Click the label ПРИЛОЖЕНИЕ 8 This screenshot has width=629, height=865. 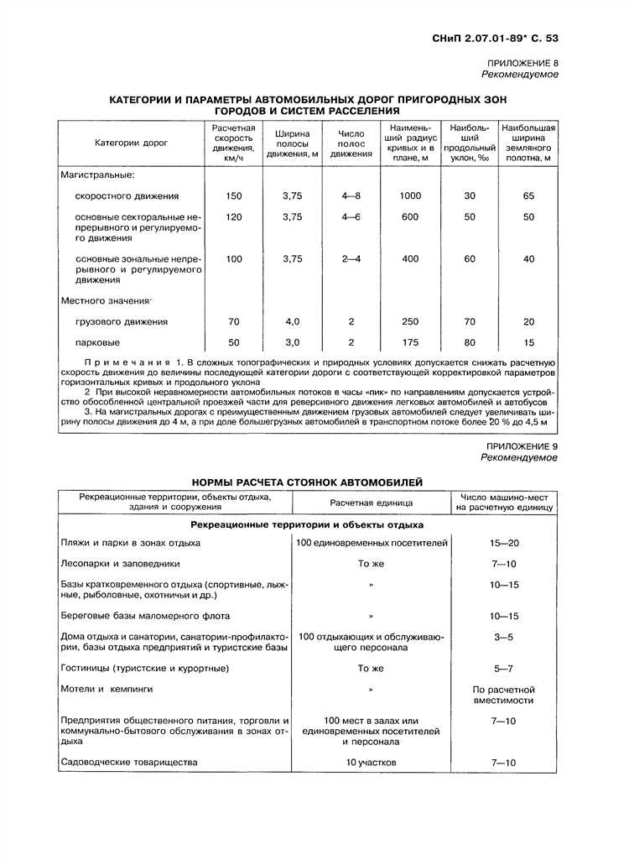tap(522, 64)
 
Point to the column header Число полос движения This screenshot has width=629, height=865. tap(351, 143)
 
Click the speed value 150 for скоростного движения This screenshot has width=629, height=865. tap(233, 195)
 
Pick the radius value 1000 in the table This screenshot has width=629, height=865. tap(410, 195)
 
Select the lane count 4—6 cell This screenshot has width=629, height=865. tap(351, 216)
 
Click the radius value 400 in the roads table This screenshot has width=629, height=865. tap(410, 259)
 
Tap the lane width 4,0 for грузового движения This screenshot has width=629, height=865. tap(292, 321)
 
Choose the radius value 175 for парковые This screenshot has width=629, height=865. tap(410, 342)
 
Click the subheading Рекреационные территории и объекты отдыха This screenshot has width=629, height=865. tap(307, 524)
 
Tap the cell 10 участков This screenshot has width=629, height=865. tap(371, 763)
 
